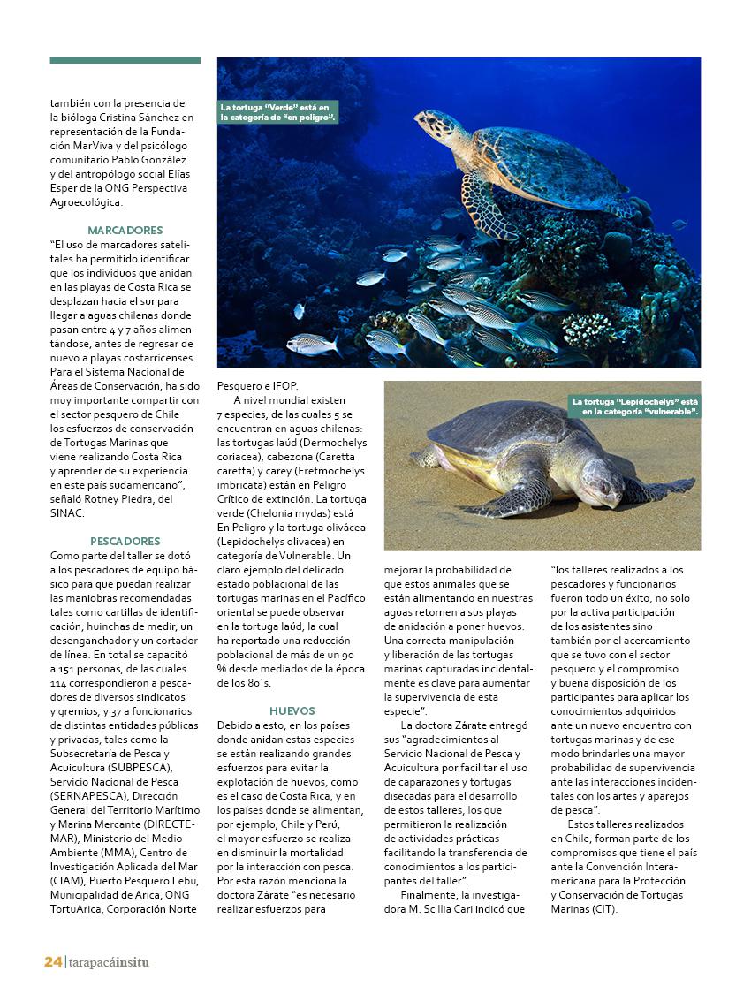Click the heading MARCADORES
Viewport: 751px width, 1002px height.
pos(125,230)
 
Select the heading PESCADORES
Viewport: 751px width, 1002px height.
pos(125,541)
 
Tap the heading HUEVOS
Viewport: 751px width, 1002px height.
pos(292,710)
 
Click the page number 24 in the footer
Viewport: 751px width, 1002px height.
pos(53,961)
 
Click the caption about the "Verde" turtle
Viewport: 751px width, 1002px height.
pos(277,112)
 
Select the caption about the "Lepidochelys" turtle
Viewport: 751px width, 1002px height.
pos(634,406)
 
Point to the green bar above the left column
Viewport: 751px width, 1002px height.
pos(125,60)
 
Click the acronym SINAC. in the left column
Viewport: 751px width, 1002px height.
pos(67,512)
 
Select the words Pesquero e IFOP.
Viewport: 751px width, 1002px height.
pos(258,385)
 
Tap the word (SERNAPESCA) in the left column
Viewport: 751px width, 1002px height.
pos(88,795)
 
